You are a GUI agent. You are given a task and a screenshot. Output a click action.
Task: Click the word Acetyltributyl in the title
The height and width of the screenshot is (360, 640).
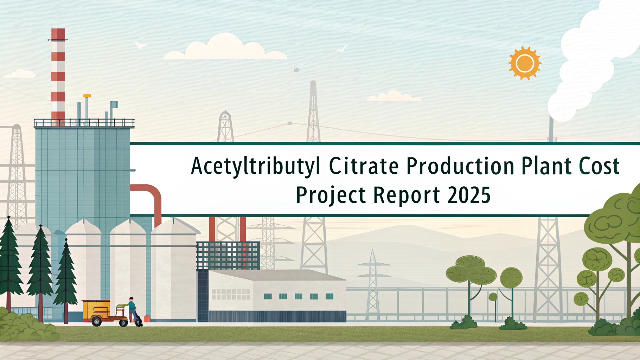click(x=256, y=166)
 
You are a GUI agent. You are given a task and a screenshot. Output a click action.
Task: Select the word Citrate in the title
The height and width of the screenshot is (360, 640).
click(x=364, y=166)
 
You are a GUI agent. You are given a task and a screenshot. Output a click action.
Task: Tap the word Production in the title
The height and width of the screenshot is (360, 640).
click(x=460, y=166)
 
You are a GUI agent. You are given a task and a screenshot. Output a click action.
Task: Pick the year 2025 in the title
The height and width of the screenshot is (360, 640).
click(x=469, y=195)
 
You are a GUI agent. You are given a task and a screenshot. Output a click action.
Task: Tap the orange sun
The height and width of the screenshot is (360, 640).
click(x=525, y=63)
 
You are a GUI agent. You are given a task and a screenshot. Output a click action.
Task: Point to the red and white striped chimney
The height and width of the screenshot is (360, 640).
click(x=58, y=76)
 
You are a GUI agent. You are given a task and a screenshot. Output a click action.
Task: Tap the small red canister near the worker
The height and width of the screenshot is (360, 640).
click(x=147, y=319)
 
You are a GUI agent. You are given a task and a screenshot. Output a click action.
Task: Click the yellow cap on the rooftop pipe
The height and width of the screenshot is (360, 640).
click(x=87, y=96)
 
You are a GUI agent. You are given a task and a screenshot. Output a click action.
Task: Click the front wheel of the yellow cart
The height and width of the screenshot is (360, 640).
click(x=96, y=321)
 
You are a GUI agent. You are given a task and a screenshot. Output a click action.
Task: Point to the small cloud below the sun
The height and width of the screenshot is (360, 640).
click(x=394, y=96)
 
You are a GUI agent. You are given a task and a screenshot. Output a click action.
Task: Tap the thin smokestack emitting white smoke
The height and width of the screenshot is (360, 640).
click(x=551, y=128)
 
